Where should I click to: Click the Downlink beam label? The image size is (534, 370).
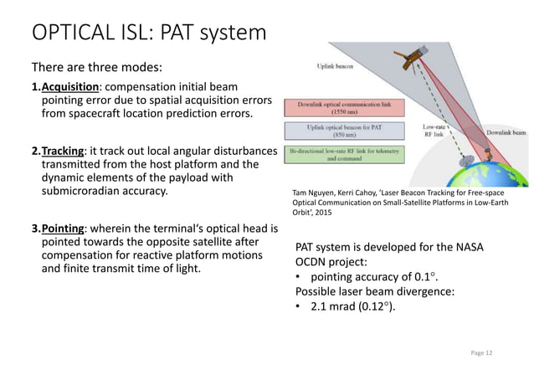pos(498,132)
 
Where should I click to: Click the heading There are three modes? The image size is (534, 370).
pos(91,67)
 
